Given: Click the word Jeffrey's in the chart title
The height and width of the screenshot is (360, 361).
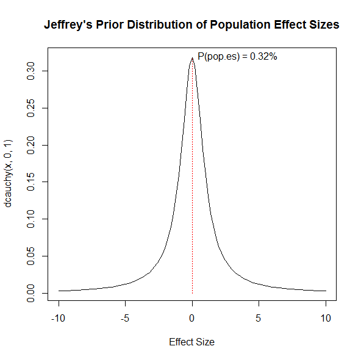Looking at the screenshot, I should click(68, 26).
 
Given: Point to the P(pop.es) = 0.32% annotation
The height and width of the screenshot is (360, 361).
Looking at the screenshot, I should click(238, 57).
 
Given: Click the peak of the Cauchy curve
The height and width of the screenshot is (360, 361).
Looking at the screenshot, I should click(192, 58).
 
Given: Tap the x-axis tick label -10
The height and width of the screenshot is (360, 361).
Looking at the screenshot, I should click(59, 318).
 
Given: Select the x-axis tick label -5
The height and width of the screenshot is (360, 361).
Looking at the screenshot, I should click(125, 318).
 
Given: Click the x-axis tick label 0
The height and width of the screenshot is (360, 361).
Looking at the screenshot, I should click(192, 318).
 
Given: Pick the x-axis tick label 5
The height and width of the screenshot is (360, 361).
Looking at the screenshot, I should click(259, 318).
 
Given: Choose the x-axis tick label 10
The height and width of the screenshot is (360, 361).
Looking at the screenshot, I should click(326, 318).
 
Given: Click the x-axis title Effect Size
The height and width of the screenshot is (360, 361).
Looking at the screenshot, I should click(191, 342).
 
